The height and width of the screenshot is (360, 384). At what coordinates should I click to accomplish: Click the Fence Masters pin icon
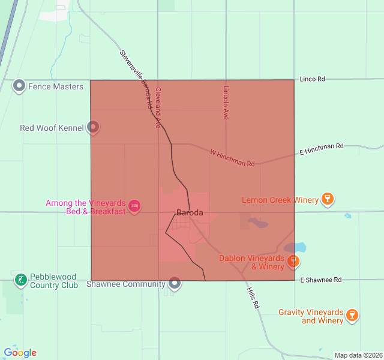pyautogui.click(x=19, y=86)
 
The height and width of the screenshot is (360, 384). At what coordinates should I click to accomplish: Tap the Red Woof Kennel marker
pyautogui.click(x=93, y=127)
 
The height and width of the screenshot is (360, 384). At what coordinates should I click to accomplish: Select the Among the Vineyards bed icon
pyautogui.click(x=134, y=207)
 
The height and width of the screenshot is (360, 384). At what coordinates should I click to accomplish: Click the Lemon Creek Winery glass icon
pyautogui.click(x=327, y=200)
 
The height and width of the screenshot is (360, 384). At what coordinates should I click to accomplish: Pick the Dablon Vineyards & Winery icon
pyautogui.click(x=293, y=261)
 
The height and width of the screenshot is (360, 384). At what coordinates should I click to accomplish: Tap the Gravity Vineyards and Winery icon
pyautogui.click(x=352, y=315)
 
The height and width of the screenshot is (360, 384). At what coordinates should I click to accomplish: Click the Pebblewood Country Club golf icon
pyautogui.click(x=20, y=280)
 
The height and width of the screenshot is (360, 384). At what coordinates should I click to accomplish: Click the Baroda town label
pyautogui.click(x=190, y=212)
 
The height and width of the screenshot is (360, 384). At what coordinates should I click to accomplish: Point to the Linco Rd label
pyautogui.click(x=312, y=79)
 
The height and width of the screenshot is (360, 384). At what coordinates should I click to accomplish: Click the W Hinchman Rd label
pyautogui.click(x=232, y=159)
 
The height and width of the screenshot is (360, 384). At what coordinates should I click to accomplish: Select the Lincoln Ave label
pyautogui.click(x=226, y=101)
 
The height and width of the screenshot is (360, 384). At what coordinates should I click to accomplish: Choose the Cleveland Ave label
pyautogui.click(x=158, y=108)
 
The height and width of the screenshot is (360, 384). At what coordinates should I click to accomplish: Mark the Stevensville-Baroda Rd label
pyautogui.click(x=136, y=78)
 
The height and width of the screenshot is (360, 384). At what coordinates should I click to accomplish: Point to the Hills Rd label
pyautogui.click(x=253, y=298)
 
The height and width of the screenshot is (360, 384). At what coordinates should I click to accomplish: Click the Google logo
pyautogui.click(x=20, y=353)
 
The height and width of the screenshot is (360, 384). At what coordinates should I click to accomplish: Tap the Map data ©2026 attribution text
pyautogui.click(x=358, y=355)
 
